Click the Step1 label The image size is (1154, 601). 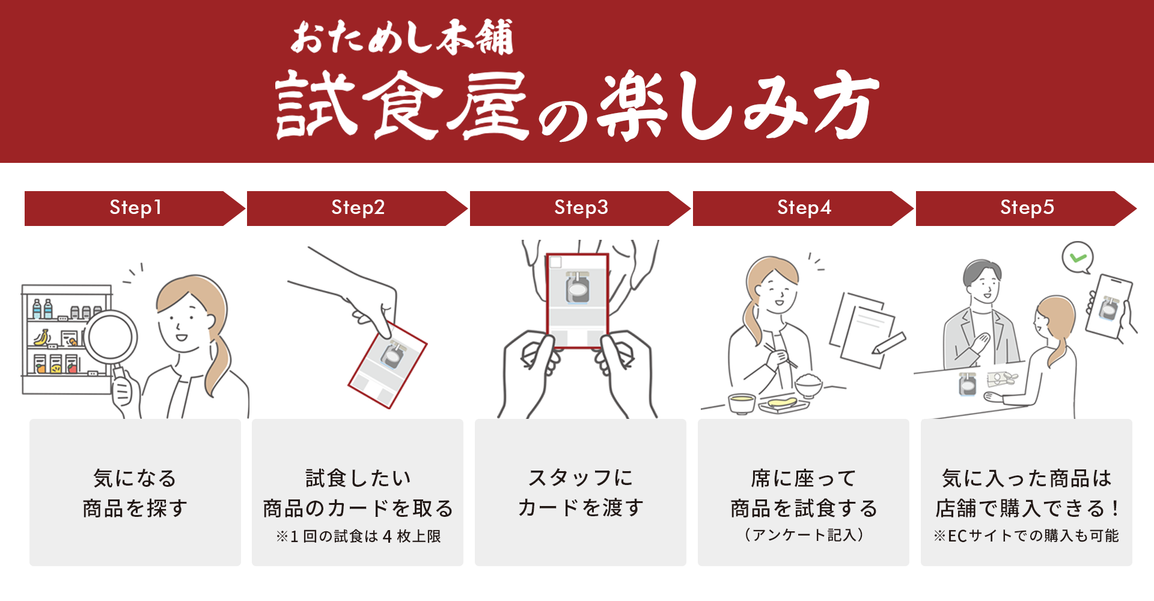tap(135, 208)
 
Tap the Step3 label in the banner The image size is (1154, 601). tap(581, 208)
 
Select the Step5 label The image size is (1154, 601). tap(1027, 208)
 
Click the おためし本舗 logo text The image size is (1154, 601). tap(401, 37)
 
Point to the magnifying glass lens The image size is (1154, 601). tap(111, 336)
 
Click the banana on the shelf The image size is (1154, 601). tap(41, 338)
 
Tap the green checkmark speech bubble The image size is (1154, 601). tap(1078, 258)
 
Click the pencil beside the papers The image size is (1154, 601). tap(890, 343)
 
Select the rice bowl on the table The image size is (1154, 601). tap(808, 385)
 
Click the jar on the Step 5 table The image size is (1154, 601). tap(967, 383)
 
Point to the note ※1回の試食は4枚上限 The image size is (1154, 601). tap(358, 536)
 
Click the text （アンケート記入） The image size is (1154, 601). tap(804, 535)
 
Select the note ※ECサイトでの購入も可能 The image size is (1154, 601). tap(1026, 535)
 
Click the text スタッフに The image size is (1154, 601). tap(581, 478)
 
